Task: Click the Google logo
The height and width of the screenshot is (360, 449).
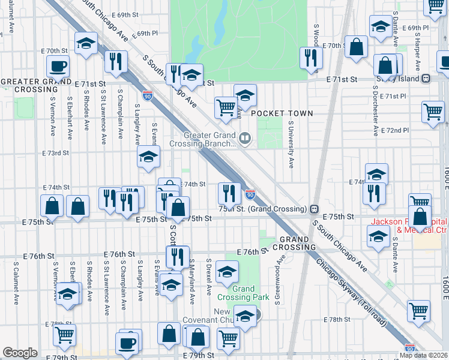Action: pyautogui.click(x=20, y=353)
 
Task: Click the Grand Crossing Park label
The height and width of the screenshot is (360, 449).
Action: pyautogui.click(x=243, y=293)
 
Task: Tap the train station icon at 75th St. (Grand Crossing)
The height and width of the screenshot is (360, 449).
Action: pyautogui.click(x=313, y=209)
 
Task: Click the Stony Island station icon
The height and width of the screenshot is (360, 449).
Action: pyautogui.click(x=426, y=78)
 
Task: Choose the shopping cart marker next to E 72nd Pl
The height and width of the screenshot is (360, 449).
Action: pyautogui.click(x=432, y=112)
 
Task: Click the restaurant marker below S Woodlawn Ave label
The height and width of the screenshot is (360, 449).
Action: pyautogui.click(x=310, y=58)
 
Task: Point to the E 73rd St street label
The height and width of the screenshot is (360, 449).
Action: pyautogui.click(x=56, y=154)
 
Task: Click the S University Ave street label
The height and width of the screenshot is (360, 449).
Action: pyautogui.click(x=291, y=145)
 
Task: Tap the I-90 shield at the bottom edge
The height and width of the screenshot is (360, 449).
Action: pyautogui.click(x=409, y=348)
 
